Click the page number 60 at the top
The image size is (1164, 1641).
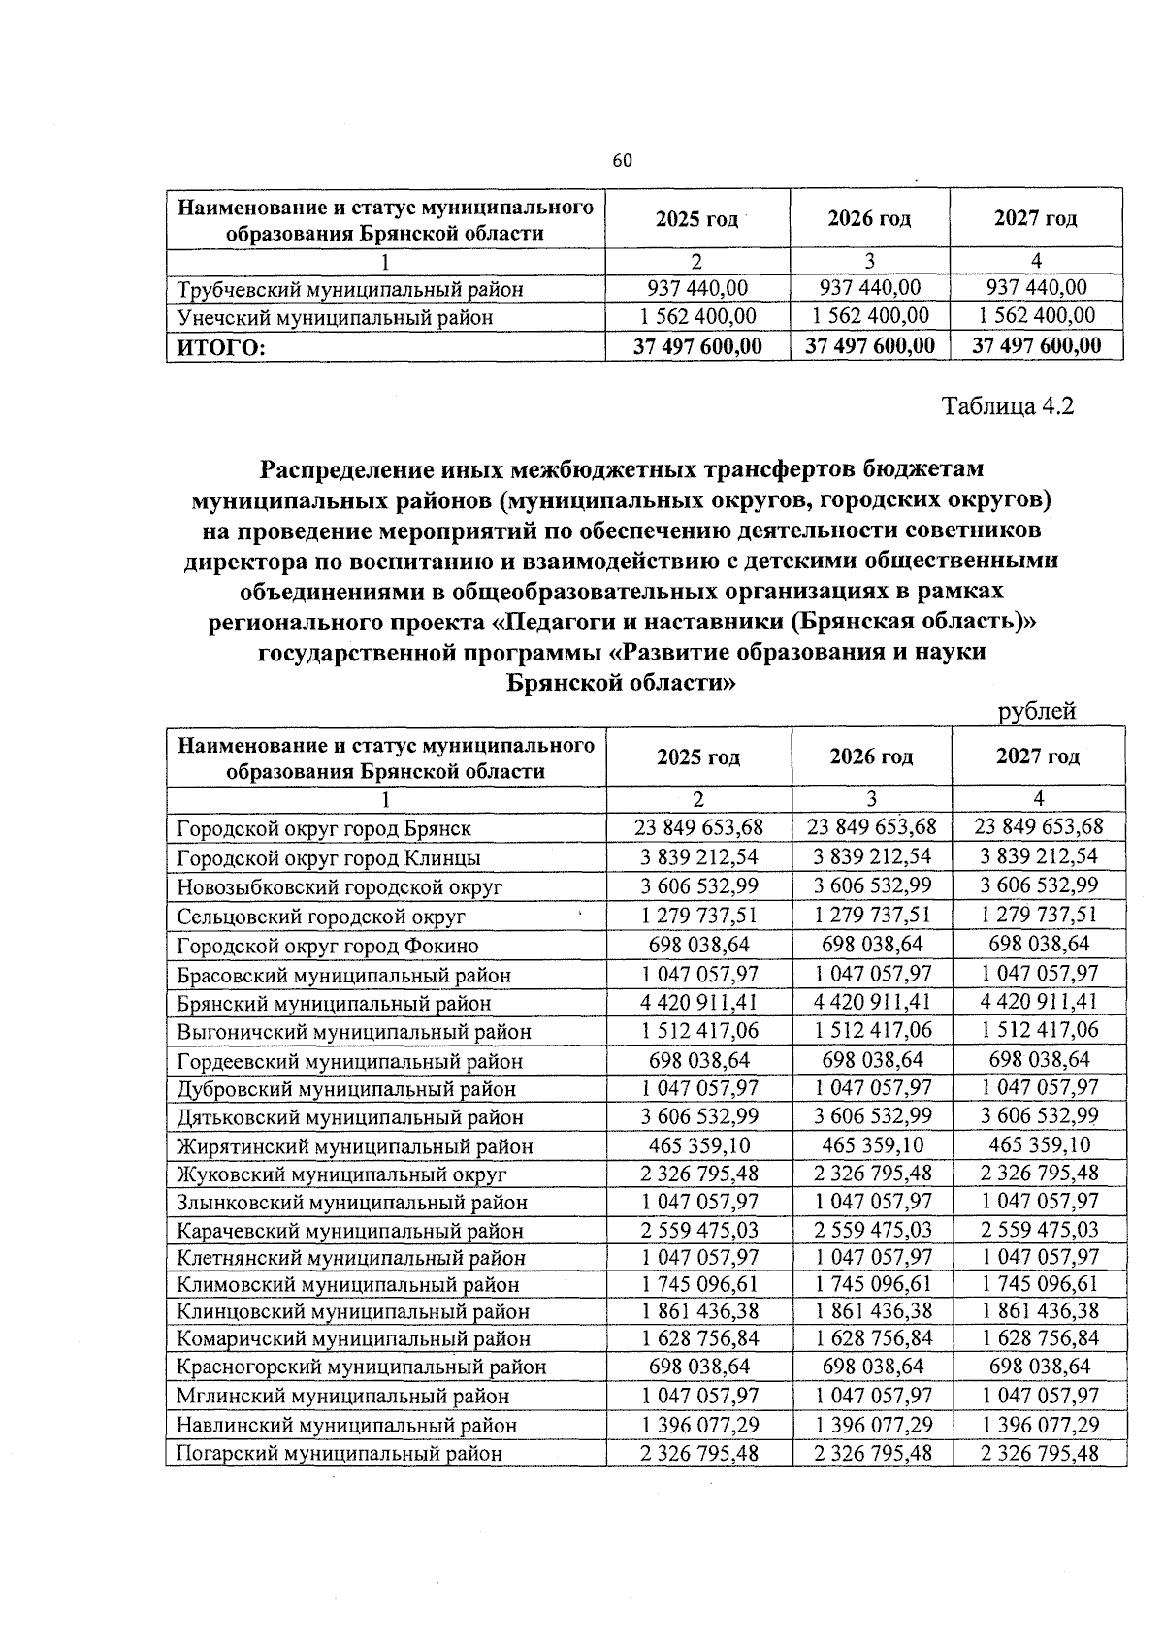[x=622, y=160]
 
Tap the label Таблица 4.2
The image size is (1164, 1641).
[x=1008, y=405]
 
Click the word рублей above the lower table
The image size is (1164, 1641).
[x=1037, y=711]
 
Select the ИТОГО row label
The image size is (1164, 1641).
[x=220, y=347]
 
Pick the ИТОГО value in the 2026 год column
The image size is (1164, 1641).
[x=870, y=346]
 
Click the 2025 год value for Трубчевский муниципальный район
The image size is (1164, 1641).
[x=697, y=288]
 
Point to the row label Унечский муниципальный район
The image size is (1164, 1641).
[x=335, y=317]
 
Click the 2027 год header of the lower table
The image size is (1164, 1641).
[x=1038, y=756]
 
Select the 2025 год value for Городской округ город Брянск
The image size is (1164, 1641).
[x=698, y=827]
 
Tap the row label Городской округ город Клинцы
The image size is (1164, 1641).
[x=329, y=858]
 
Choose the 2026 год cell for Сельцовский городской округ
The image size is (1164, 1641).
[x=872, y=915]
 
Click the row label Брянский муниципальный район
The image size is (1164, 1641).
[x=334, y=1004]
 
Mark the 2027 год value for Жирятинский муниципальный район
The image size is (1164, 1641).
[x=1039, y=1144]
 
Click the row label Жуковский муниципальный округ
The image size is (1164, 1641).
[x=341, y=1174]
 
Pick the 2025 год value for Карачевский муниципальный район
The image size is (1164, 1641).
[x=698, y=1230]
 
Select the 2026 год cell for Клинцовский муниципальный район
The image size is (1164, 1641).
[x=872, y=1311]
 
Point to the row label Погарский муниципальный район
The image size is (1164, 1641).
[x=339, y=1454]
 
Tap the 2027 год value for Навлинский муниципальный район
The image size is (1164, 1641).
[x=1039, y=1425]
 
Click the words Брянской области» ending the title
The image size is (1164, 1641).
[x=621, y=683]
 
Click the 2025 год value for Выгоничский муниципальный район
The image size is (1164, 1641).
[x=698, y=1030]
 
